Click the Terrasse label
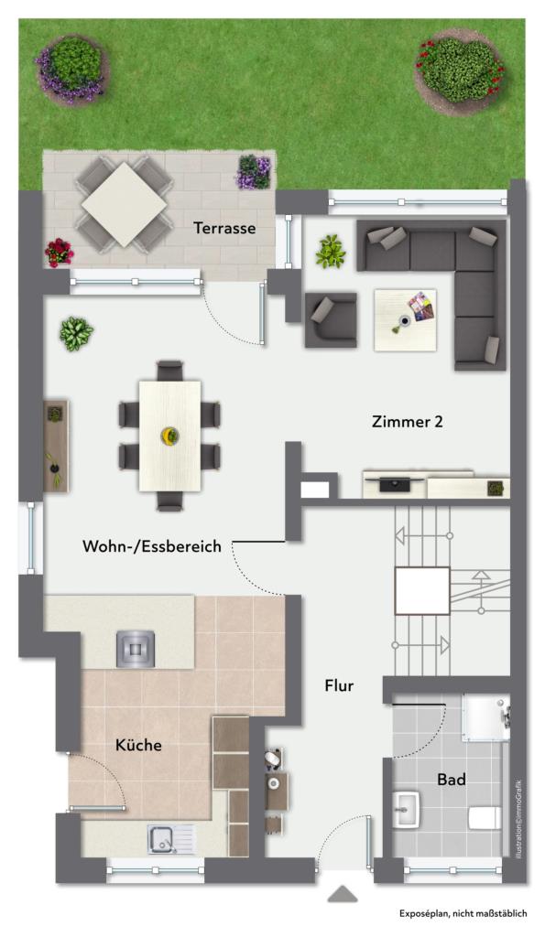224,228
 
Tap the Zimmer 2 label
409,422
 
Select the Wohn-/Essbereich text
152,546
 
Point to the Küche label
138,745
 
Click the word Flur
339,685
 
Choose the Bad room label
452,780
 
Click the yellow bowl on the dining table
169,434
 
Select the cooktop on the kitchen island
135,648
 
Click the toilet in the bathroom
483,816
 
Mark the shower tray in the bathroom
484,718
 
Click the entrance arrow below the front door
343,894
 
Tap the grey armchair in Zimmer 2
330,319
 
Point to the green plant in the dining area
76,334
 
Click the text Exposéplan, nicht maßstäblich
463,913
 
